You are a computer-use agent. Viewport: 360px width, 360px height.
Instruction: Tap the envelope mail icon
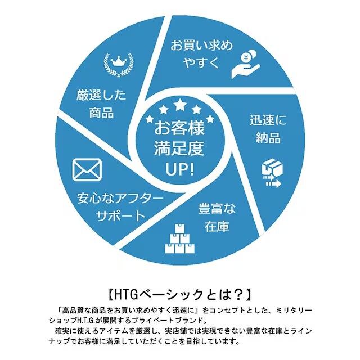(x=87, y=170)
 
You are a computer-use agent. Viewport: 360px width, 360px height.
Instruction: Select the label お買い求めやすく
(x=201, y=54)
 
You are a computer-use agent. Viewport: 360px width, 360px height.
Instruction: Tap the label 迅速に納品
(x=265, y=129)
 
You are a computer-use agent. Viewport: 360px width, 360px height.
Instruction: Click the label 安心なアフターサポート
(x=119, y=207)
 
